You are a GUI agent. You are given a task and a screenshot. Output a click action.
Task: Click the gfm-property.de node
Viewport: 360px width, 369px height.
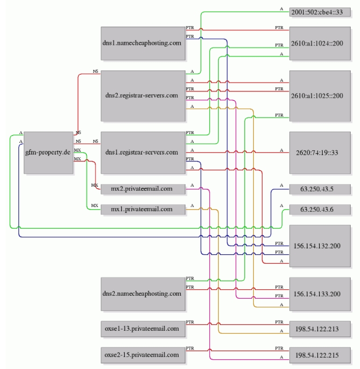click(x=49, y=153)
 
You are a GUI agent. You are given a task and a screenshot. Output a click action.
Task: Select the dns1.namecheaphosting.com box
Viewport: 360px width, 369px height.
click(x=143, y=43)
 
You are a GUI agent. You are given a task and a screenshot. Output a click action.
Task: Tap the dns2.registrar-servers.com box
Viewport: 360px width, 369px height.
click(x=143, y=96)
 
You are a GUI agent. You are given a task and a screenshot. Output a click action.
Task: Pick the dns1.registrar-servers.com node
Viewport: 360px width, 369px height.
click(x=143, y=153)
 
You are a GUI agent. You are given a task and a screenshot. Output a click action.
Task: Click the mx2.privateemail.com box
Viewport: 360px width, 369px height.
click(x=143, y=189)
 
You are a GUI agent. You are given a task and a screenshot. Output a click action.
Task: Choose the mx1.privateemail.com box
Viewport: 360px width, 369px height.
click(x=143, y=209)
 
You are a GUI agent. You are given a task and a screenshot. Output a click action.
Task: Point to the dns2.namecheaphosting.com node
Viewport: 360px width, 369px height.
click(x=143, y=294)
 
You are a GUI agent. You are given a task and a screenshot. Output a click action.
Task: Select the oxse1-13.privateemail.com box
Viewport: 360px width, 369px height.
click(x=143, y=329)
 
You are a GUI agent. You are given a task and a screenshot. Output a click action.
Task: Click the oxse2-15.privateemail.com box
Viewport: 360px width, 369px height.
click(x=143, y=355)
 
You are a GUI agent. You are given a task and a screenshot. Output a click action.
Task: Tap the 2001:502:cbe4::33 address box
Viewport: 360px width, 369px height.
click(x=320, y=12)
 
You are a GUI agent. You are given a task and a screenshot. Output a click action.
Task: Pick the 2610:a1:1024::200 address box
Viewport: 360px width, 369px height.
click(x=320, y=43)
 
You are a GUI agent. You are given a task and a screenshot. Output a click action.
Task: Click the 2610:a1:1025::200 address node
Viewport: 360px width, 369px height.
click(x=320, y=96)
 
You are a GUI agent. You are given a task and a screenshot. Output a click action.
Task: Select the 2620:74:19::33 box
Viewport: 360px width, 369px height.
click(x=320, y=153)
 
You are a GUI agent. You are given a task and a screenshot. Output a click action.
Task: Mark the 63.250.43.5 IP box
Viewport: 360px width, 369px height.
click(x=320, y=189)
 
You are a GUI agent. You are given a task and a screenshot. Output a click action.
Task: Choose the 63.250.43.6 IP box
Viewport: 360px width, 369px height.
click(x=320, y=209)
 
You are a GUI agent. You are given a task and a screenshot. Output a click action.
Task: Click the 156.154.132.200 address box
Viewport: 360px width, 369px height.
click(x=320, y=246)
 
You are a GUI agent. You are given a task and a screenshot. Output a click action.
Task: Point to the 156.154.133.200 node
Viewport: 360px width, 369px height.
click(x=320, y=294)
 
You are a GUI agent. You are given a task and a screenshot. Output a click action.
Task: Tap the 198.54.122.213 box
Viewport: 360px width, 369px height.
click(x=320, y=329)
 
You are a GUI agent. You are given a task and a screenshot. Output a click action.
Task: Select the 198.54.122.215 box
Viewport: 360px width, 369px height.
click(x=320, y=355)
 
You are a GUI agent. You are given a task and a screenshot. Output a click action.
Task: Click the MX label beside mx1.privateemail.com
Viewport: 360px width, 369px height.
click(x=95, y=206)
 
